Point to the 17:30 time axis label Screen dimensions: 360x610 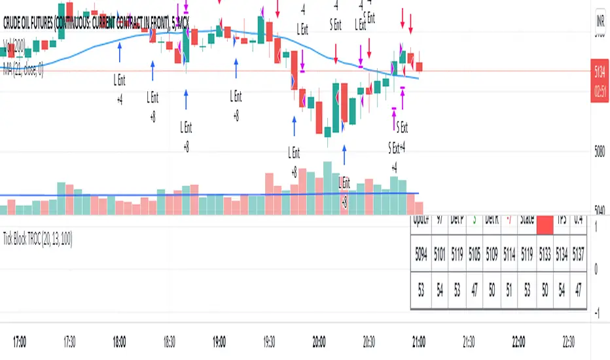click(x=69, y=341)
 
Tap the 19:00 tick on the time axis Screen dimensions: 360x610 click(x=219, y=341)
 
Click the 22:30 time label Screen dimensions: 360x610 click(x=569, y=341)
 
